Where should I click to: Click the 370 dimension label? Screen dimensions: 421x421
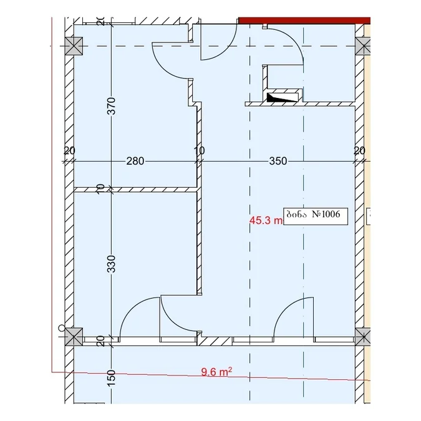click(x=111, y=106)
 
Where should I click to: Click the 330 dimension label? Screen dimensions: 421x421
click(x=111, y=264)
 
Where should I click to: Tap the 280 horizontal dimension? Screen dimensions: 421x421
click(x=135, y=161)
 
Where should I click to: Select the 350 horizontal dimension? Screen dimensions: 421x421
click(x=278, y=161)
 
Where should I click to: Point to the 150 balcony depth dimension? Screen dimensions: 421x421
click(x=111, y=379)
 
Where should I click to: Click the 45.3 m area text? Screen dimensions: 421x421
click(x=266, y=220)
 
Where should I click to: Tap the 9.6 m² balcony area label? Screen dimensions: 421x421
click(x=216, y=372)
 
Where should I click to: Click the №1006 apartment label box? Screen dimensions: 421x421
click(x=316, y=216)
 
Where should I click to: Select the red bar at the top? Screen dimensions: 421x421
click(x=304, y=21)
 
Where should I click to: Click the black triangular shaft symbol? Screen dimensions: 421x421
click(x=283, y=97)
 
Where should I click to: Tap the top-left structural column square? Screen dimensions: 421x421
click(x=74, y=46)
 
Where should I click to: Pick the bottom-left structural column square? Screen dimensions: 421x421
click(x=74, y=337)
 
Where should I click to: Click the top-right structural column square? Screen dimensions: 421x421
click(x=363, y=46)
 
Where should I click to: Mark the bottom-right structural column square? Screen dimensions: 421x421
click(x=363, y=337)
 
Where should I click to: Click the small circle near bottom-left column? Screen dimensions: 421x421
click(x=62, y=328)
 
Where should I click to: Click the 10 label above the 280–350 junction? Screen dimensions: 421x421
click(x=199, y=150)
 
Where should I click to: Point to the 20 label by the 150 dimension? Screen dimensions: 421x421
click(x=100, y=341)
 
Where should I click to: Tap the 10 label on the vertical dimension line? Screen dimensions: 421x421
click(x=100, y=189)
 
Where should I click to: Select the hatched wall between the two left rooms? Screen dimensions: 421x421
click(x=135, y=190)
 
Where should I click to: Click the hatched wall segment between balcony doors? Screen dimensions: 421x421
click(x=215, y=341)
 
